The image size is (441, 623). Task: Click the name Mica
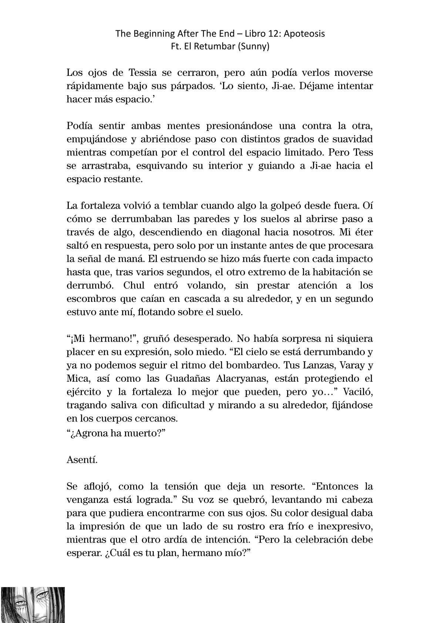point(76,378)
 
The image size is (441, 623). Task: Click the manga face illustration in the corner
point(33,605)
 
